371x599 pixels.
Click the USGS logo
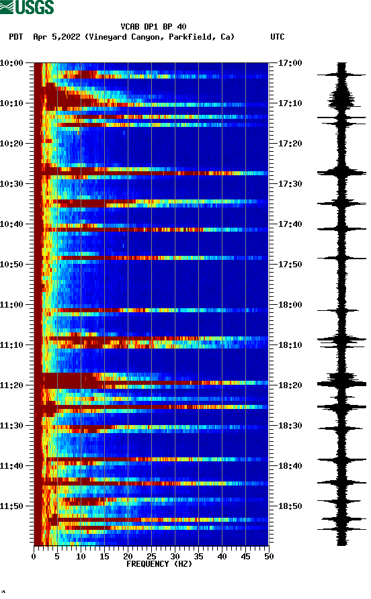pyautogui.click(x=27, y=8)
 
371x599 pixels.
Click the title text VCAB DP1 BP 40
pyautogui.click(x=153, y=27)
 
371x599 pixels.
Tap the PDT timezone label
pyautogui.click(x=15, y=37)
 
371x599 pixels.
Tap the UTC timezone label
pyautogui.click(x=277, y=37)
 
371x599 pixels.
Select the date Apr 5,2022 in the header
pyautogui.click(x=57, y=37)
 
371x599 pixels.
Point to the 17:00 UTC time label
pyautogui.click(x=290, y=63)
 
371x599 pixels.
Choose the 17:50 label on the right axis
pyautogui.click(x=290, y=265)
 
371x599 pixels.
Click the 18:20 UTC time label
pyautogui.click(x=290, y=385)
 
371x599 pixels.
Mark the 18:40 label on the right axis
pyautogui.click(x=290, y=466)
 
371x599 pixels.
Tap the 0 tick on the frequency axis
pyautogui.click(x=34, y=557)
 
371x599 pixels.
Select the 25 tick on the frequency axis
pyautogui.click(x=151, y=557)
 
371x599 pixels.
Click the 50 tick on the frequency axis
pyautogui.click(x=269, y=557)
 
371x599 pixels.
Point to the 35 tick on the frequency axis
pyautogui.click(x=198, y=557)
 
